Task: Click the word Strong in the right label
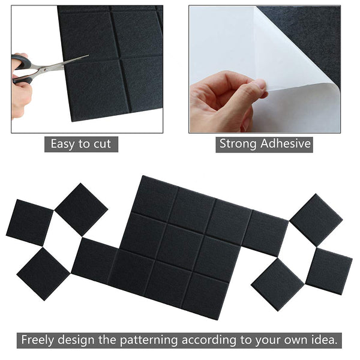click(238, 144)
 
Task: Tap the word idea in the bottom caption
click(324, 340)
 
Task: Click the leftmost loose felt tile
click(29, 223)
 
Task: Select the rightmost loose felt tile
click(328, 271)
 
